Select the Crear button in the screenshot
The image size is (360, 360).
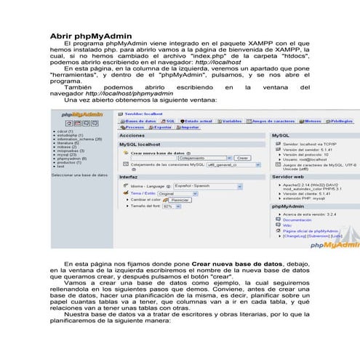click(242, 158)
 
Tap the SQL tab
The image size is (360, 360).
click(169, 121)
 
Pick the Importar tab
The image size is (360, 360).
click(189, 127)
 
